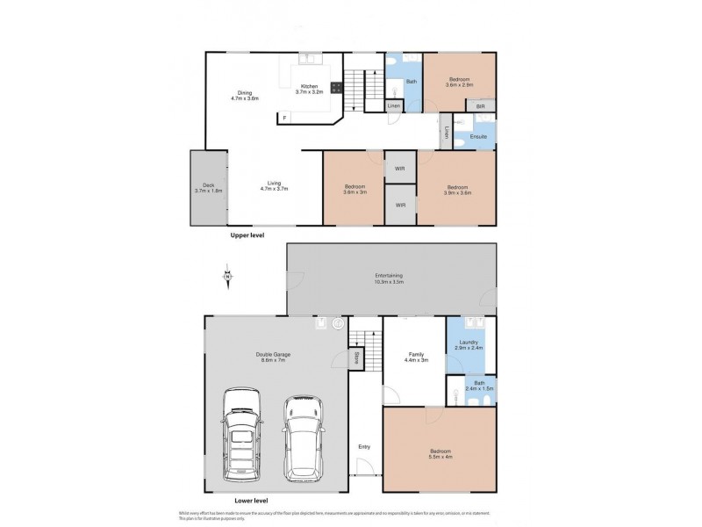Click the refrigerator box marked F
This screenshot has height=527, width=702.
pos(283,116)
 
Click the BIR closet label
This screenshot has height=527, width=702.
pos(480,105)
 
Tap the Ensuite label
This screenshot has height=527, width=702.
pos(478,136)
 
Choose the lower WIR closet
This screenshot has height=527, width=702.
pos(400,206)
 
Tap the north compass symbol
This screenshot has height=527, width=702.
pos(227,278)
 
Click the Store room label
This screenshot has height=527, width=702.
pos(356,357)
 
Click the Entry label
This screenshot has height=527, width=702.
pos(364,446)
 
